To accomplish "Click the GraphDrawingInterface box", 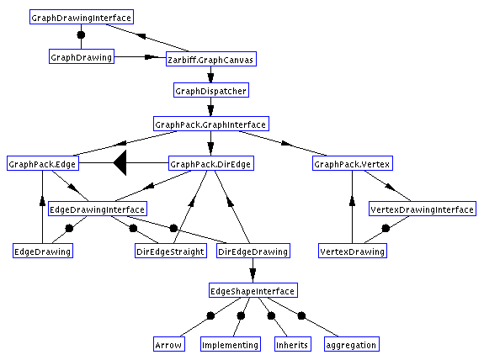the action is click(x=82, y=17).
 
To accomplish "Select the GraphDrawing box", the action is click(x=82, y=56).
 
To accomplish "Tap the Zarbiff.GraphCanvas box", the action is click(x=211, y=59).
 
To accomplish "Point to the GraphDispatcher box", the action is click(x=211, y=90).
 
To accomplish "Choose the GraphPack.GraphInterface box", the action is click(x=211, y=124).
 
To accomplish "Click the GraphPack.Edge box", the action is click(x=43, y=163).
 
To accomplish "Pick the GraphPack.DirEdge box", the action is click(x=211, y=163).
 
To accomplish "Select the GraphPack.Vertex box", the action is click(x=353, y=163).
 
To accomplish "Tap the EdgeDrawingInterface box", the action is click(x=98, y=209).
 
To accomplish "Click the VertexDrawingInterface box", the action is click(x=423, y=209).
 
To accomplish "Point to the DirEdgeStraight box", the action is click(x=171, y=251).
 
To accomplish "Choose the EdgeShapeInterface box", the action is click(x=253, y=290).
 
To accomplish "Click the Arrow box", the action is click(x=169, y=344).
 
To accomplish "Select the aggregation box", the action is click(x=352, y=344).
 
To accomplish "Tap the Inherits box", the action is click(x=293, y=344).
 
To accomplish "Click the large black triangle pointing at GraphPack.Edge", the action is click(x=120, y=163).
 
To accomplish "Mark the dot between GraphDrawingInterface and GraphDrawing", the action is click(x=81, y=34).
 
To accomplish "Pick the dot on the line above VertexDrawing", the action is click(x=386, y=228).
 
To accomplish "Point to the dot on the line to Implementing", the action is click(x=241, y=315).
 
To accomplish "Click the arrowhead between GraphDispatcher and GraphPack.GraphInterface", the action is click(x=210, y=110).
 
